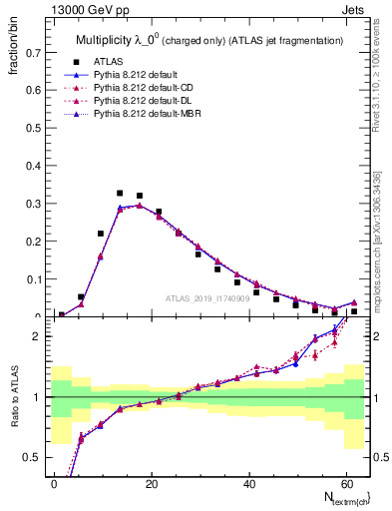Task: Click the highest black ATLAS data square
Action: [x=120, y=193]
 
